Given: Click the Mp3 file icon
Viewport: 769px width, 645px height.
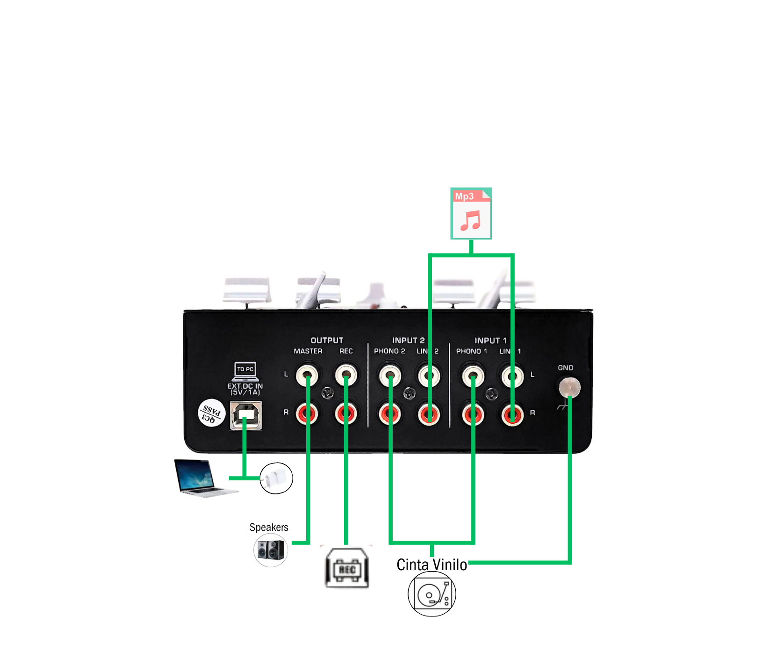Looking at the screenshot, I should (x=471, y=213).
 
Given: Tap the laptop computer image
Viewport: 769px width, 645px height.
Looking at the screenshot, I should (x=201, y=477).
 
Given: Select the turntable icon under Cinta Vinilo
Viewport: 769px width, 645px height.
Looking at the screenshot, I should (x=431, y=594).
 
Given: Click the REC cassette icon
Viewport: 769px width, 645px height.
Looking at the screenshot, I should (x=347, y=568).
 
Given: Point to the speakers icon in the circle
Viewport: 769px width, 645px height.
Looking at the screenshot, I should (x=271, y=550).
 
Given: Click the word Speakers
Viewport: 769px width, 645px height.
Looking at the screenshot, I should (x=269, y=528).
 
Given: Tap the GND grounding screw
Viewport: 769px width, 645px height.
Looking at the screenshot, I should (x=569, y=388).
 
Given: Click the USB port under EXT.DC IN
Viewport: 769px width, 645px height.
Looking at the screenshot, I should (x=246, y=415).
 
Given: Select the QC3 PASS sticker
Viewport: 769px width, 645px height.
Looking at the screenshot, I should (x=212, y=413).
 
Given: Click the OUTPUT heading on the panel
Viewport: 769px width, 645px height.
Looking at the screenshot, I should (x=327, y=341).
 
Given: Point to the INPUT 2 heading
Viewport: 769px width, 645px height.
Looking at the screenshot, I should (x=408, y=341).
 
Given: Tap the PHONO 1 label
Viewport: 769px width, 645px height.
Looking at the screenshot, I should (x=471, y=351).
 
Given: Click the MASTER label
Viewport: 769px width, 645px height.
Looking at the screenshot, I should (x=308, y=351).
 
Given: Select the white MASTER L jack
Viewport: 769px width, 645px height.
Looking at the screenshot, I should (x=307, y=375).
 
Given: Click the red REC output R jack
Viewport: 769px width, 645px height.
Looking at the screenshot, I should (x=346, y=413).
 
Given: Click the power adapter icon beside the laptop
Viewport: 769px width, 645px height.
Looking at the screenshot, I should (x=276, y=478).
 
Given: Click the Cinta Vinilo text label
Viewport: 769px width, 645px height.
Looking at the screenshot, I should (x=431, y=565).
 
